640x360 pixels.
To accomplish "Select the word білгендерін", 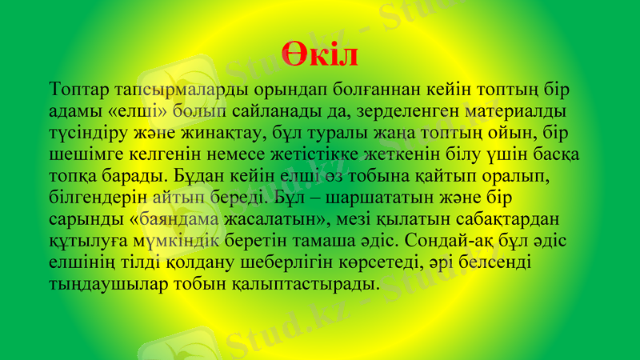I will click(x=100, y=196).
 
